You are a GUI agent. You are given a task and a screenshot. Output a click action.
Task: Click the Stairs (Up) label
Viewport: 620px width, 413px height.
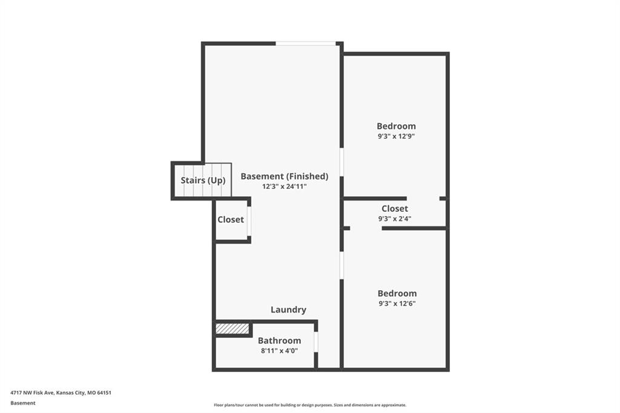203,180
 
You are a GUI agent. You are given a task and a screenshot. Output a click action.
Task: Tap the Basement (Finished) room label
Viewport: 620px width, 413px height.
285,176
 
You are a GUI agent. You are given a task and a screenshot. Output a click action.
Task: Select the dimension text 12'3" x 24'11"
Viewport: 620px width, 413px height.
285,187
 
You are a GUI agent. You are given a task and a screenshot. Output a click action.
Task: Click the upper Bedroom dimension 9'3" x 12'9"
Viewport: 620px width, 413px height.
396,136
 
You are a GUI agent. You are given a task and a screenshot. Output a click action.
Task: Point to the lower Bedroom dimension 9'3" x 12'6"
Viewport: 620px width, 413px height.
397,303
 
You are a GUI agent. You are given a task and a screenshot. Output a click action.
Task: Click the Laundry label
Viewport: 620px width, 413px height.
288,310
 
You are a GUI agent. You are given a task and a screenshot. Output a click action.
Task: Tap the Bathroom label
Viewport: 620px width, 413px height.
279,340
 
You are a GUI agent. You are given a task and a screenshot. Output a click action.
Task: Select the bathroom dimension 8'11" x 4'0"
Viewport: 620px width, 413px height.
279,351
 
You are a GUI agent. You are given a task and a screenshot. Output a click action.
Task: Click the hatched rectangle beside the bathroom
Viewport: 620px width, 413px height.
232,329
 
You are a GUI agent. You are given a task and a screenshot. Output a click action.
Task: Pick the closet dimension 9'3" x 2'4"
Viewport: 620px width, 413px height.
395,219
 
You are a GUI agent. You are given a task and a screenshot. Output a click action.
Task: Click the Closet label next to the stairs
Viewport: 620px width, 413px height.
231,220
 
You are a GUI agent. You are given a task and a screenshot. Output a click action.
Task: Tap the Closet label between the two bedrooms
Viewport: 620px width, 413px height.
395,208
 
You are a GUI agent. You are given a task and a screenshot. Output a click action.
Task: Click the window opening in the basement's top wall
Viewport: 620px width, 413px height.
306,44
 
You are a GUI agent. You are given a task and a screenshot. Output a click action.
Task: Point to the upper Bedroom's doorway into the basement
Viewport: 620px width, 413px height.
341,162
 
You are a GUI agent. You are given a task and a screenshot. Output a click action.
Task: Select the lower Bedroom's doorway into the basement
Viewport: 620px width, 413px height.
341,265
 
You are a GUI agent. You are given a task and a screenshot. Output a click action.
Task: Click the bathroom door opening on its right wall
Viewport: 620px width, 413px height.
316,342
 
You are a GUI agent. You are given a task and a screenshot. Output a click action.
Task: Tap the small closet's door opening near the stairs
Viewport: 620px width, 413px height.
249,221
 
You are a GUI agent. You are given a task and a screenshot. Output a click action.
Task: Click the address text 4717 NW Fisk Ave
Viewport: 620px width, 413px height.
32,393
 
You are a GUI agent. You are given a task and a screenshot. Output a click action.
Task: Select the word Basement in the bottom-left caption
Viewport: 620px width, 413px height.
23,403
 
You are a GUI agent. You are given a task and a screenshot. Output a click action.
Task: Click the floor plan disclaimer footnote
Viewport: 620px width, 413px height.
310,405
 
